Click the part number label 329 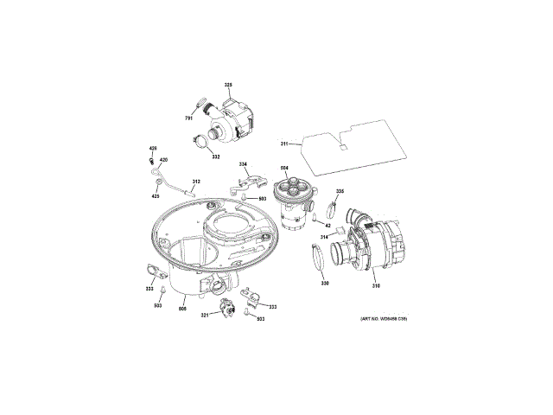coord(229,84)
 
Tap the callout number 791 coord(189,118)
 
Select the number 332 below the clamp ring coord(215,156)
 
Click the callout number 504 coord(284,167)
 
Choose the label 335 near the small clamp coord(340,191)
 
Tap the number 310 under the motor coord(376,285)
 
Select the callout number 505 coord(183,308)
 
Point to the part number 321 coord(206,316)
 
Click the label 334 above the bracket coord(244,164)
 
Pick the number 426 coord(153,149)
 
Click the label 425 coord(156,196)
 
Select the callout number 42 coord(327,226)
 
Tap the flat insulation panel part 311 coord(354,143)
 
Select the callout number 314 coord(325,236)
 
